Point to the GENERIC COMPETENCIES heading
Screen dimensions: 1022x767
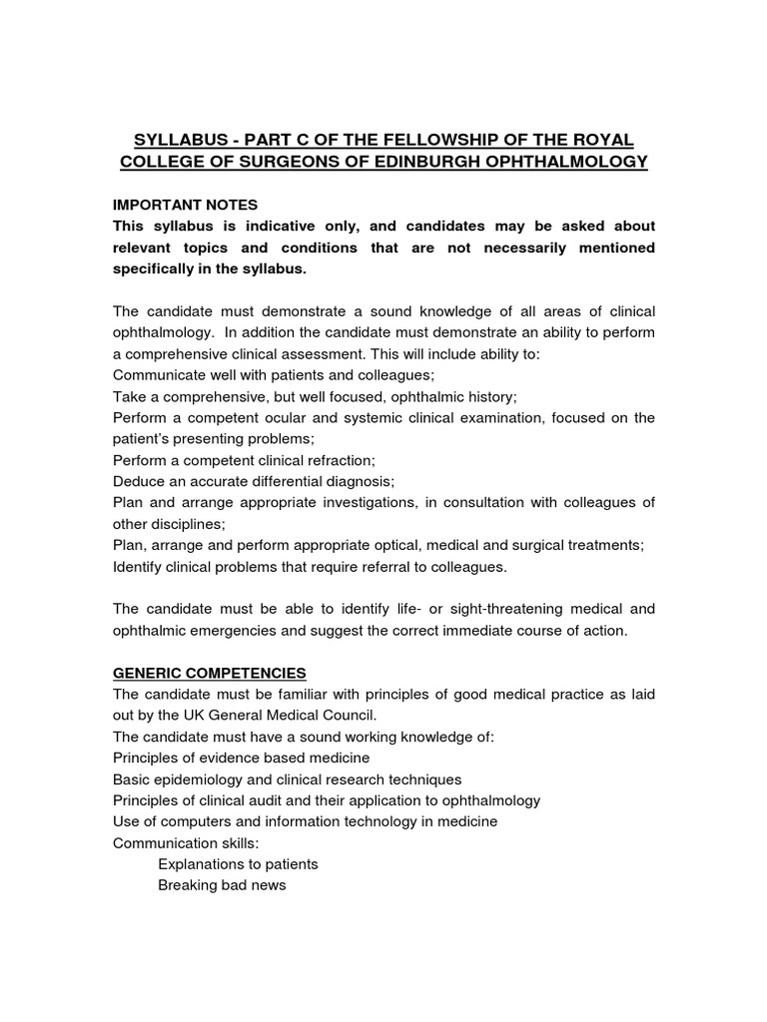pos(210,673)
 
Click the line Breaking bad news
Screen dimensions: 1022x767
pos(222,885)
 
